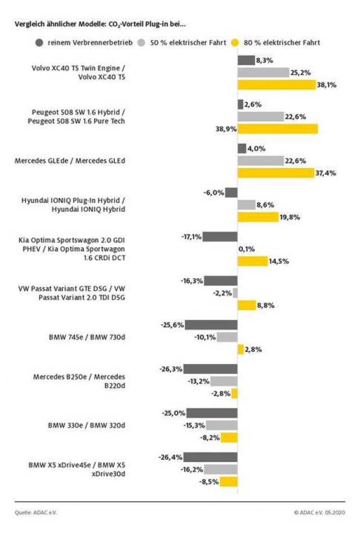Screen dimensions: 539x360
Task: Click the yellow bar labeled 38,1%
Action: click(x=276, y=84)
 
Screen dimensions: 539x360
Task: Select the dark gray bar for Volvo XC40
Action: click(x=246, y=60)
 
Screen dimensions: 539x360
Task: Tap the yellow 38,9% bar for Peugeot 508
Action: click(x=277, y=129)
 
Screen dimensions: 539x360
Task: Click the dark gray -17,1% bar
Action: click(x=220, y=236)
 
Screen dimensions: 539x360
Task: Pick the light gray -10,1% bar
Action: click(x=227, y=337)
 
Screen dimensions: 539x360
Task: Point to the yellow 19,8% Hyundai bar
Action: click(x=258, y=216)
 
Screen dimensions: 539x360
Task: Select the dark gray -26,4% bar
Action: click(x=210, y=457)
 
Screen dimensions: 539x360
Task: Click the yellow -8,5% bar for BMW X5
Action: click(x=228, y=482)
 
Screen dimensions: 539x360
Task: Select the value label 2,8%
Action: click(x=254, y=349)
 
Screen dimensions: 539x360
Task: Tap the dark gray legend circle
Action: click(x=39, y=42)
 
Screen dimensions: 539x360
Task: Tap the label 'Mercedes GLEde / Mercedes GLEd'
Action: click(x=69, y=161)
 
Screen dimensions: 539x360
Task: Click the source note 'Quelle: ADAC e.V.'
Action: click(x=36, y=512)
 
